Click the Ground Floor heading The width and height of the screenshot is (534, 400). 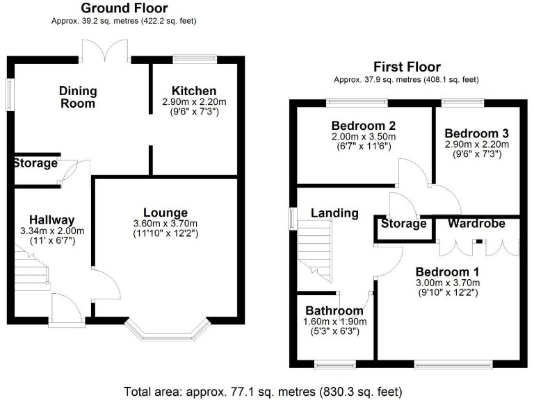click(x=124, y=8)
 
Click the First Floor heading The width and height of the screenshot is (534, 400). click(x=407, y=67)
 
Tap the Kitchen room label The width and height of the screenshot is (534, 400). click(x=194, y=91)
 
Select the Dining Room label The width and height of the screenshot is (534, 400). click(x=78, y=97)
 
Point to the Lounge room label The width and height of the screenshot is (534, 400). click(x=165, y=212)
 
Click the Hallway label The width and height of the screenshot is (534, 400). click(x=47, y=220)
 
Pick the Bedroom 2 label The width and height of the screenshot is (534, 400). click(x=364, y=126)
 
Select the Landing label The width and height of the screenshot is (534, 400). click(x=334, y=213)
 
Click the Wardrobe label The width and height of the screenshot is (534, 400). click(x=476, y=224)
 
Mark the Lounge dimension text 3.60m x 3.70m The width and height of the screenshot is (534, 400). click(x=165, y=224)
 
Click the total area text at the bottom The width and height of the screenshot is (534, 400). click(x=262, y=390)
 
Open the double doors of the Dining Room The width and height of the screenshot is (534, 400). click(x=105, y=51)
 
